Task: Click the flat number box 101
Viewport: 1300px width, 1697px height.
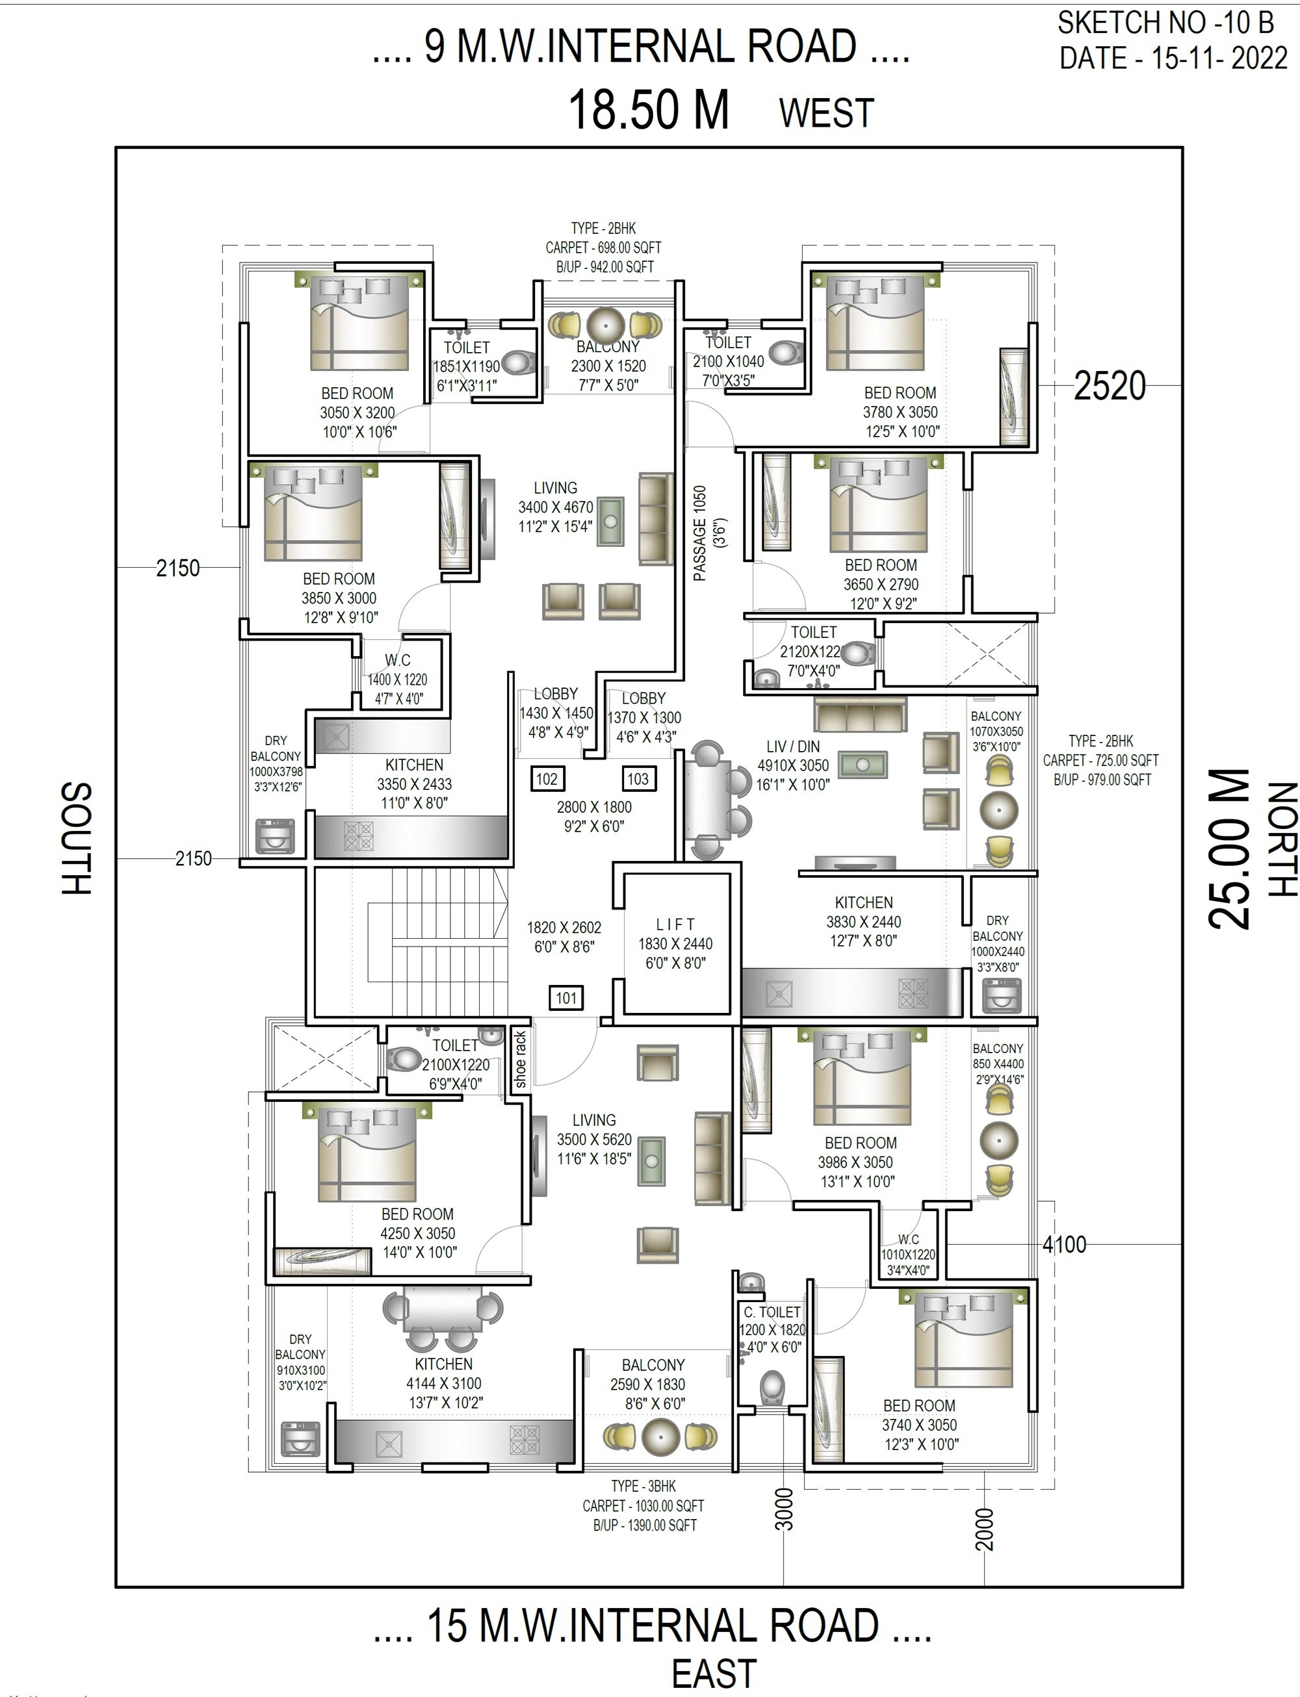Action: [x=566, y=998]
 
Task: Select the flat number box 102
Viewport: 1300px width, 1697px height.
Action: [x=546, y=779]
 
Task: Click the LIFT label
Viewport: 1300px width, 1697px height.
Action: [x=675, y=925]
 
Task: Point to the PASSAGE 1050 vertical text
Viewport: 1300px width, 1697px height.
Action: [x=699, y=533]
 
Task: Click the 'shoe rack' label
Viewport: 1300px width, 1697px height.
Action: [x=520, y=1060]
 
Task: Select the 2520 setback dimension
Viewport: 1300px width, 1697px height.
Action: [x=1109, y=385]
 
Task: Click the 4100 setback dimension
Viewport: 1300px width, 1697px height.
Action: [x=1064, y=1245]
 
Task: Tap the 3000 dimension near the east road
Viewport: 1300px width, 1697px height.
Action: [x=784, y=1509]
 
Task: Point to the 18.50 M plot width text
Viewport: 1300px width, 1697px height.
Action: [x=649, y=110]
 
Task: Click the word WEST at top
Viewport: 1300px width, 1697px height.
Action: [x=826, y=113]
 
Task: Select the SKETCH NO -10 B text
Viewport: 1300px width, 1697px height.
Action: [x=1165, y=23]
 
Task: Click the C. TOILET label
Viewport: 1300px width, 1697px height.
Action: [x=772, y=1312]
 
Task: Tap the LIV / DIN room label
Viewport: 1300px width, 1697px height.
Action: [x=792, y=746]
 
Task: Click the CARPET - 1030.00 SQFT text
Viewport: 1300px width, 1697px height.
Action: [x=643, y=1506]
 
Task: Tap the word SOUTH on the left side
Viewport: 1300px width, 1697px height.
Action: [x=76, y=839]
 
